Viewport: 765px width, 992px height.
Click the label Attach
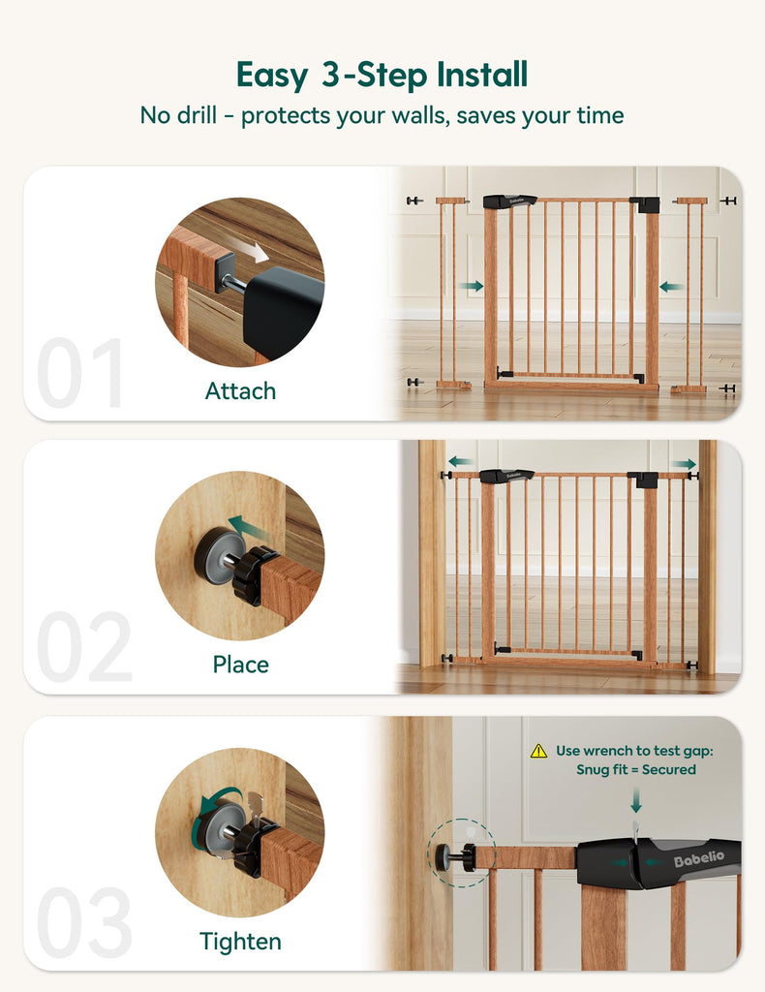click(x=240, y=391)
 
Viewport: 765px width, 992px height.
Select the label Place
click(x=240, y=665)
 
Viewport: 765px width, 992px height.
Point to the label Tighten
click(x=240, y=942)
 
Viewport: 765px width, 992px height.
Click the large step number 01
click(x=79, y=372)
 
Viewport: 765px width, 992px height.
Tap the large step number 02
click(x=84, y=646)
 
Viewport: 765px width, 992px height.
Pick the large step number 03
click(x=84, y=922)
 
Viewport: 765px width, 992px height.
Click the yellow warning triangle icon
click(x=538, y=751)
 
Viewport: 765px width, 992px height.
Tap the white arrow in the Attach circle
click(x=256, y=251)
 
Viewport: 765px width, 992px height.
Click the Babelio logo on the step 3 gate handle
click(x=698, y=858)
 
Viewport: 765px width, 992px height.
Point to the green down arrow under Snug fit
click(x=636, y=800)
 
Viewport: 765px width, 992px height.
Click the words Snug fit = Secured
click(x=635, y=770)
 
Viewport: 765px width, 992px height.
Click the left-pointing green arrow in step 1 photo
click(x=671, y=287)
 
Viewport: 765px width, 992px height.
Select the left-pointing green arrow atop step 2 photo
click(x=460, y=461)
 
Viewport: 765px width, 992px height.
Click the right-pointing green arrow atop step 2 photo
click(x=684, y=464)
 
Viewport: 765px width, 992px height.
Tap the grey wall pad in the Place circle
click(x=217, y=554)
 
